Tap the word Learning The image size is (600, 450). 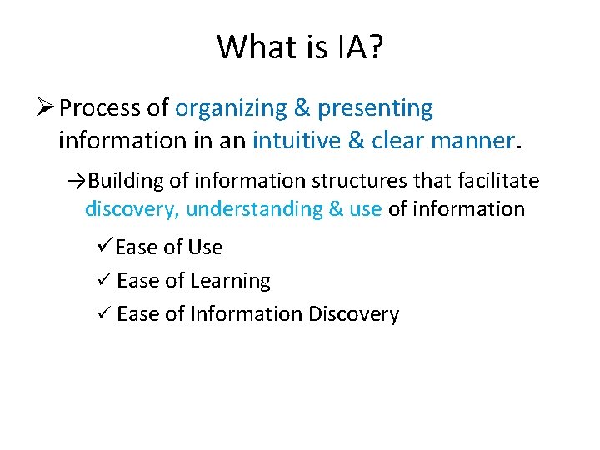click(x=230, y=281)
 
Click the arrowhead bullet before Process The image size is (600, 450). click(x=46, y=108)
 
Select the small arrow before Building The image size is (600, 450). click(x=77, y=181)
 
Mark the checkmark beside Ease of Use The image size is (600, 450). click(x=105, y=247)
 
